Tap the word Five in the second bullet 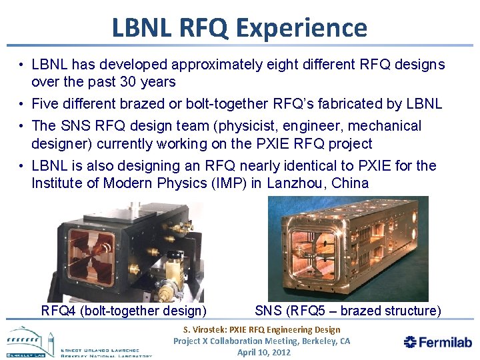click(45, 104)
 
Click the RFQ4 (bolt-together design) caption click(123, 311)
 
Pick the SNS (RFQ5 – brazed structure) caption click(347, 311)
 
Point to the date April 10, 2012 click(264, 352)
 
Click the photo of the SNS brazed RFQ click(347, 249)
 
